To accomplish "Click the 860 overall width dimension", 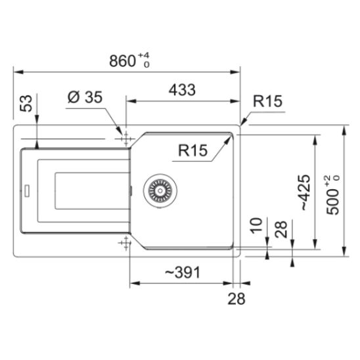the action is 122,61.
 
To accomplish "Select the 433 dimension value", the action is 182,90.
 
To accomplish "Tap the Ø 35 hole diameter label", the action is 85,97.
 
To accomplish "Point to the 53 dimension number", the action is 26,103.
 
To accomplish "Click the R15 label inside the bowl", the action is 192,150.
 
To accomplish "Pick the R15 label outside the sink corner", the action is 267,101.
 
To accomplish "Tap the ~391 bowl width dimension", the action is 183,273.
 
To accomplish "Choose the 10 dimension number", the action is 256,225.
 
